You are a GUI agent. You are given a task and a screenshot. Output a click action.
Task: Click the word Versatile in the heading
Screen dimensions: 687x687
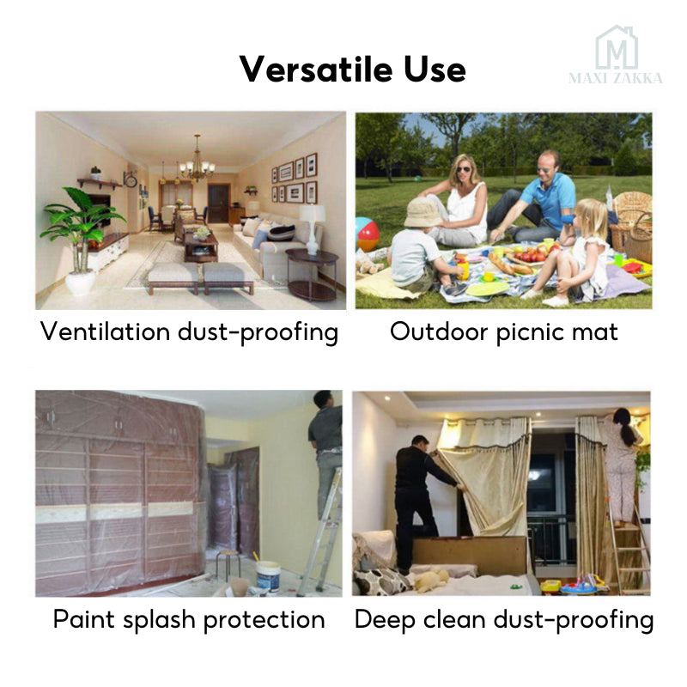[301, 69]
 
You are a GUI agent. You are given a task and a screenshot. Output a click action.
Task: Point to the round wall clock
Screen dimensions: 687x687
[131, 180]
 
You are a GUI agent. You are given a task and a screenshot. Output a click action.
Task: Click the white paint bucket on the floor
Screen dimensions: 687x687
[269, 575]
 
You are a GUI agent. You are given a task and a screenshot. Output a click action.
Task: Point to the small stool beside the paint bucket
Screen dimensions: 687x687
[226, 562]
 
